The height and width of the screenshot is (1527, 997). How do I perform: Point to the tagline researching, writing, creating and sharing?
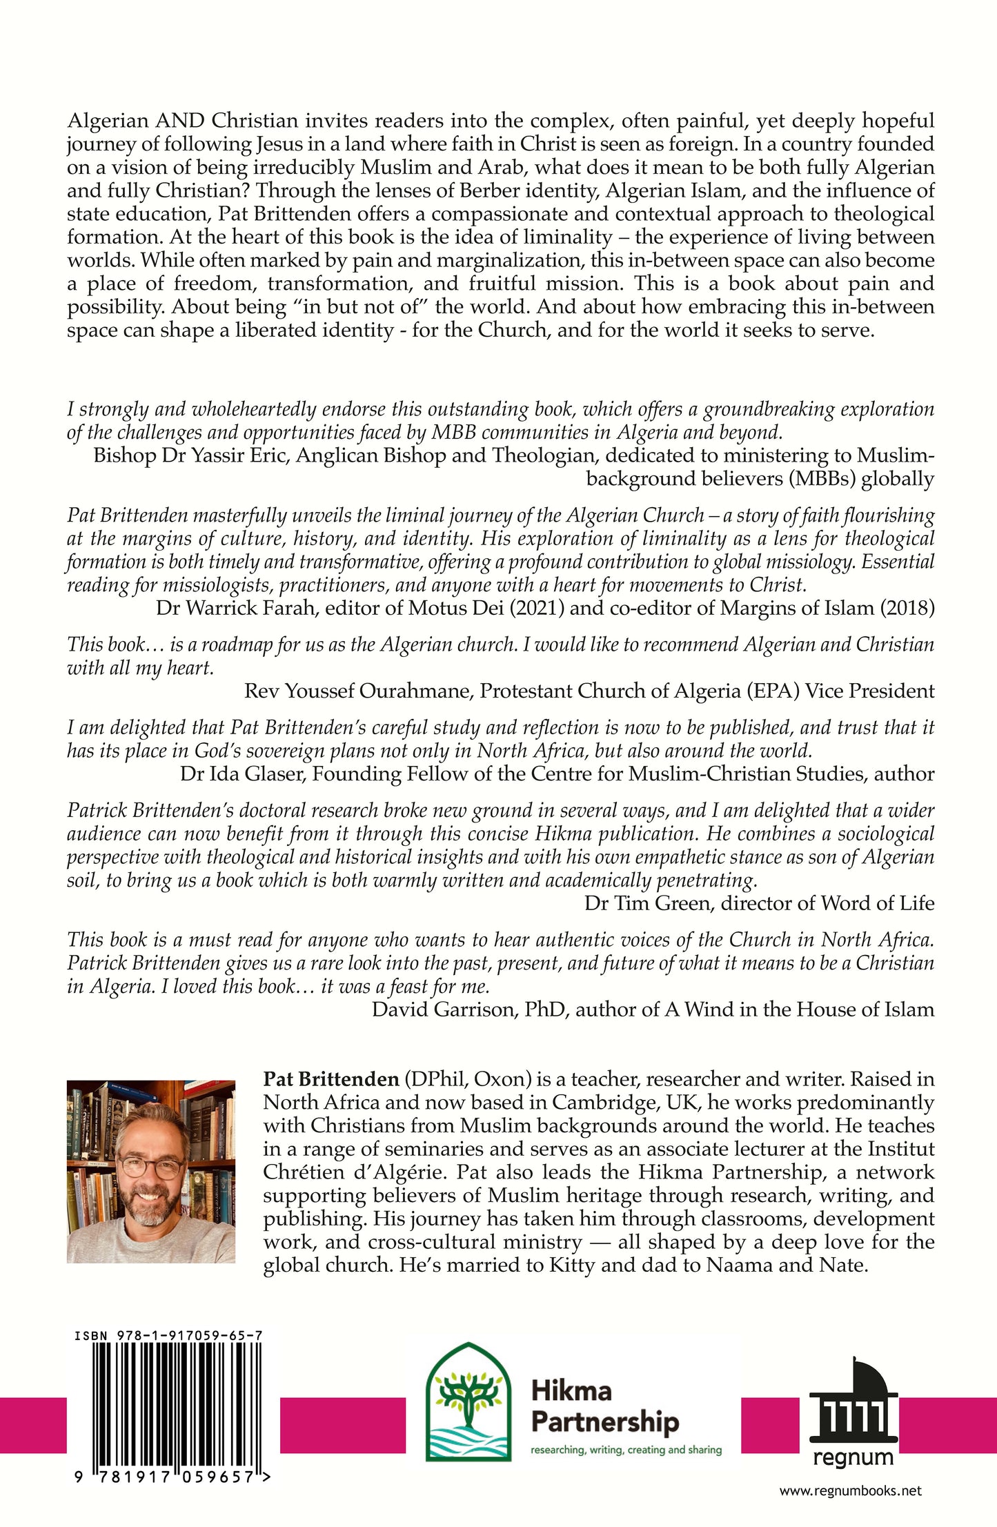626,1450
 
